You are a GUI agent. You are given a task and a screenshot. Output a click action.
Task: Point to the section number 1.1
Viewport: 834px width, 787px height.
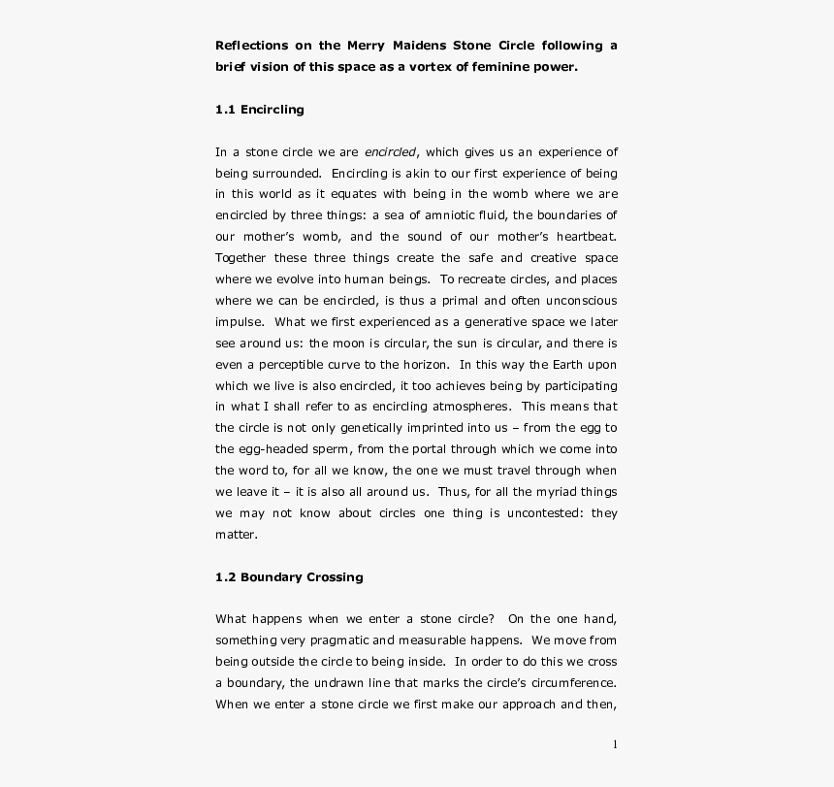[x=225, y=110]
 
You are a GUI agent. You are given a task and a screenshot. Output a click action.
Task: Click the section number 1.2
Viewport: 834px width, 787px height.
[x=225, y=577]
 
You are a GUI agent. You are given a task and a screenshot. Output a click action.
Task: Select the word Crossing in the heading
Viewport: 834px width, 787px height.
[x=334, y=577]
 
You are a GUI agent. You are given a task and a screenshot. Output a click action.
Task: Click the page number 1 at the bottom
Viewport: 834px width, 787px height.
[x=615, y=744]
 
